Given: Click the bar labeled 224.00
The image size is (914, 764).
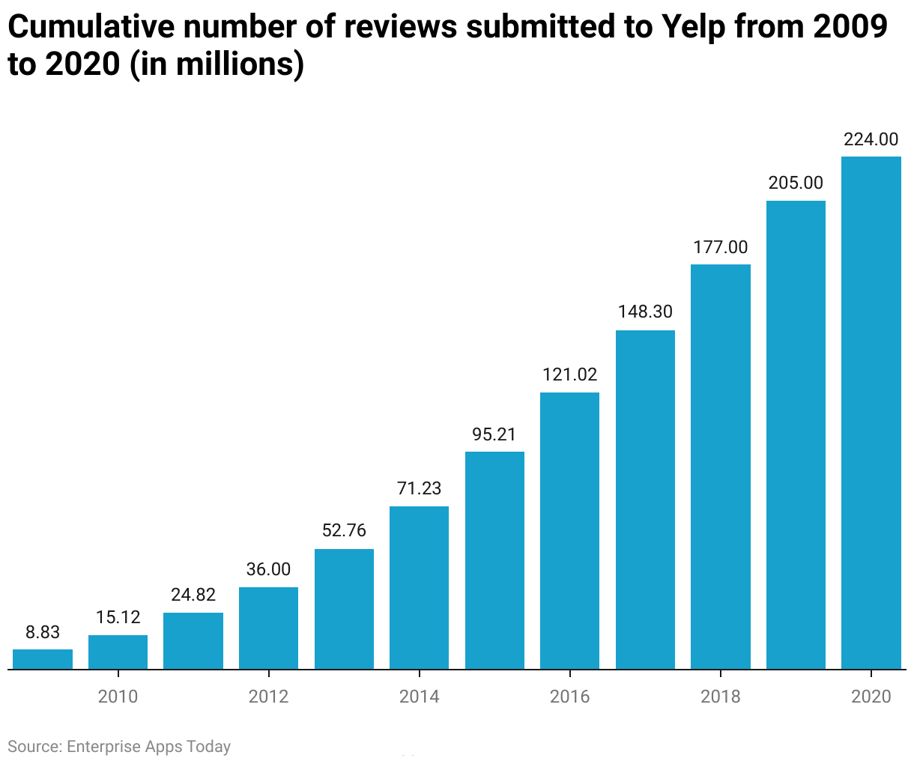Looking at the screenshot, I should (x=871, y=412).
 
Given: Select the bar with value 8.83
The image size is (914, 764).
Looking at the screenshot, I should (x=43, y=659).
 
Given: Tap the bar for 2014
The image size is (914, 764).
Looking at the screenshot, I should (x=419, y=587).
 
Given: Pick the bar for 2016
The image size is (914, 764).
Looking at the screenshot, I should (x=569, y=530).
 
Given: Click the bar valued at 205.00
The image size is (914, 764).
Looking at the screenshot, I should (x=796, y=434).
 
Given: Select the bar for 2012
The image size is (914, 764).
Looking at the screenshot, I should (x=268, y=628).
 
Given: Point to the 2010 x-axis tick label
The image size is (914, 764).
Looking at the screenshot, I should (x=118, y=697).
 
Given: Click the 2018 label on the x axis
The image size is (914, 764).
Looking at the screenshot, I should (x=720, y=697).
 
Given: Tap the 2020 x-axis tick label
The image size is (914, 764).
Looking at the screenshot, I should (x=871, y=697).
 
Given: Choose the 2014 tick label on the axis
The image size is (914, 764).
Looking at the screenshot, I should (x=419, y=697).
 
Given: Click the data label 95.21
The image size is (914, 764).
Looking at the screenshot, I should (x=494, y=434).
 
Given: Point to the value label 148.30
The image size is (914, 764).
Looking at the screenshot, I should (x=645, y=312).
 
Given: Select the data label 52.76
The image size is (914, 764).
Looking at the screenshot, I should (x=344, y=530).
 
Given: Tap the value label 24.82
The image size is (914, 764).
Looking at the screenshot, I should (x=193, y=595).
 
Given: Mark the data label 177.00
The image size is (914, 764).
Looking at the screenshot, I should (x=720, y=247).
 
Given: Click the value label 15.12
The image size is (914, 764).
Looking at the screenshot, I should (x=118, y=617).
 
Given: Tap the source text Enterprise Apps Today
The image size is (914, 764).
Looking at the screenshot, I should (x=148, y=747).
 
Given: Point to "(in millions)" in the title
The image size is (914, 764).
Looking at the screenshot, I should (x=217, y=65).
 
